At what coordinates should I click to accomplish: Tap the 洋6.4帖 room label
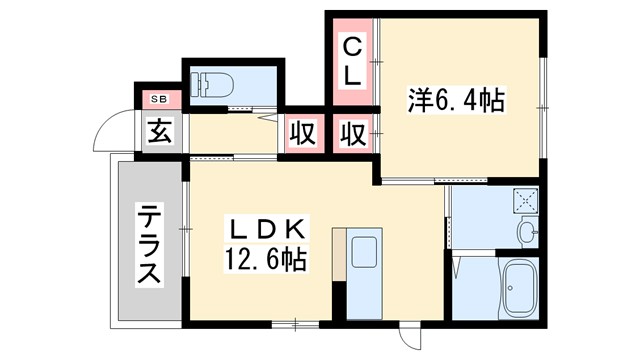pos(456,100)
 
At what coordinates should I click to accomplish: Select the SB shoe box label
pos(159,99)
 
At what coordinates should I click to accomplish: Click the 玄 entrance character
pos(160,130)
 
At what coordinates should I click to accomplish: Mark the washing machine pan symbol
pos(526,199)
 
